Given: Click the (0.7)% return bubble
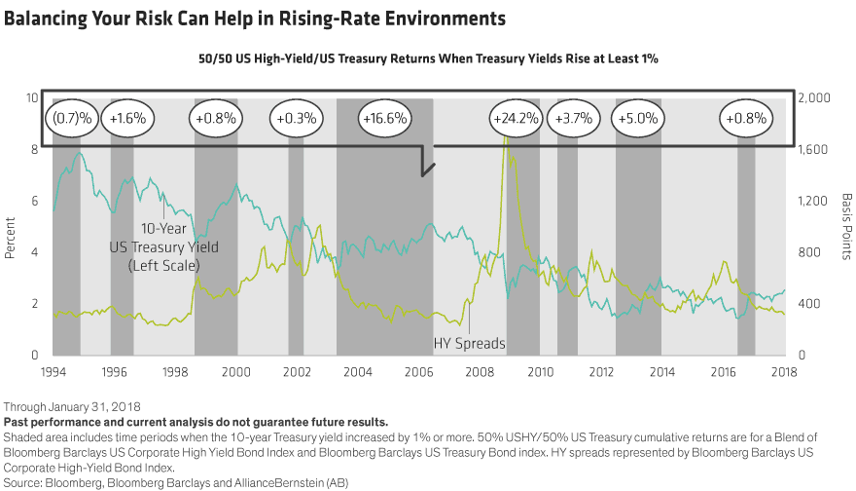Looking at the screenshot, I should [73, 119].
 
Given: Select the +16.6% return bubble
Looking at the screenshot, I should [384, 119].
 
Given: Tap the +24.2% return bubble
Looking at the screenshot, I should [517, 119].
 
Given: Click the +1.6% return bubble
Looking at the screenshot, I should [127, 119].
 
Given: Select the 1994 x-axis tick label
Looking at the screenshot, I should [53, 371].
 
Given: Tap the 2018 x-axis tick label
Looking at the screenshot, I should [784, 371].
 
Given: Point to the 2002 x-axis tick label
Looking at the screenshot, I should [297, 371].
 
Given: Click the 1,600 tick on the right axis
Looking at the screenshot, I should [810, 150].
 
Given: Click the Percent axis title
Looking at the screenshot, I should [10, 242].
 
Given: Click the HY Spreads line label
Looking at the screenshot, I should [472, 343].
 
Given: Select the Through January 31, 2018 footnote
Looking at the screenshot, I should [73, 406].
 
